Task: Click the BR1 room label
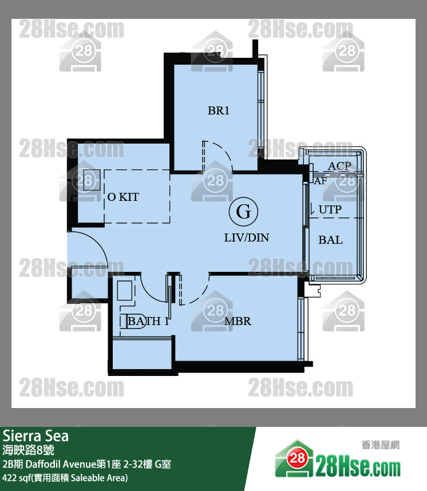click(x=218, y=110)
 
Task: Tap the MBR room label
click(x=238, y=321)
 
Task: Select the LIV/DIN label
click(x=246, y=237)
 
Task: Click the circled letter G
click(x=243, y=212)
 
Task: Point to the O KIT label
click(x=123, y=197)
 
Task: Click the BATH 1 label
click(x=148, y=321)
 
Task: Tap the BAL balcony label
click(x=330, y=240)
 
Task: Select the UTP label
click(x=330, y=209)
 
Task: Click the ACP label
click(x=339, y=165)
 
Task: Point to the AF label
click(x=320, y=181)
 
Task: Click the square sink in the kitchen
click(x=92, y=180)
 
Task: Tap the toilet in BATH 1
click(x=132, y=320)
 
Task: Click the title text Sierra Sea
click(x=35, y=435)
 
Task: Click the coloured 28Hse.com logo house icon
click(x=294, y=459)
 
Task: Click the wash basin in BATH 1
click(x=125, y=291)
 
